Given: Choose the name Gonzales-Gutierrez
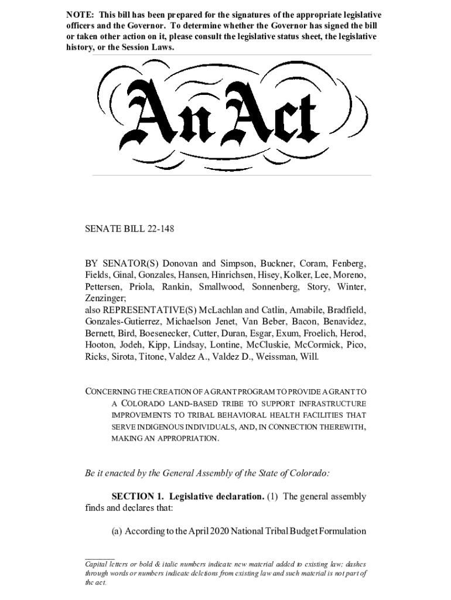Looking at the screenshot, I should pos(122,322).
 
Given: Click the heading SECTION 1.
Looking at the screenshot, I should pos(133,497).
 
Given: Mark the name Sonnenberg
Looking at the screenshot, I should pos(275,287).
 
